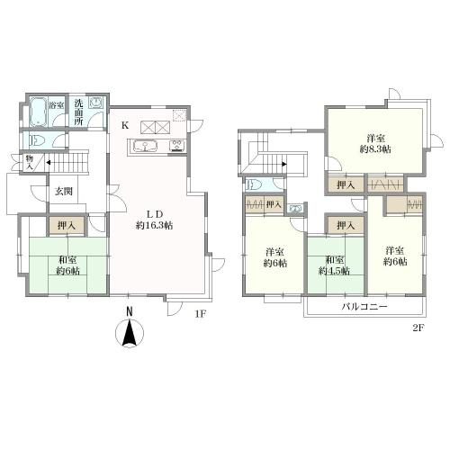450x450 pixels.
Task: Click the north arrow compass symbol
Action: click(130, 332)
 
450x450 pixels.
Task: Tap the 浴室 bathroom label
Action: click(57, 105)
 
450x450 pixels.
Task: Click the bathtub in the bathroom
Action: click(38, 112)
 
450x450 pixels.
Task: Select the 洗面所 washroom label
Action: click(78, 112)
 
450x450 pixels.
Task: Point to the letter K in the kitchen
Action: click(125, 125)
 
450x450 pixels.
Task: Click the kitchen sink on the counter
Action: click(146, 147)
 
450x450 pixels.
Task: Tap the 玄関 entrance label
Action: click(64, 191)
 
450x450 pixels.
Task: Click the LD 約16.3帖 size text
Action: click(154, 220)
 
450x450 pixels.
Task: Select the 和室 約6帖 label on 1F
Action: click(68, 265)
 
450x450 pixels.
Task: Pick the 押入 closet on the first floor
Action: click(67, 225)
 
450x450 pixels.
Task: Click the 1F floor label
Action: click(201, 314)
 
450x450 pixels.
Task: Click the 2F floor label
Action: click(418, 328)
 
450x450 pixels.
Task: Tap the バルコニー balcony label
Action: click(365, 307)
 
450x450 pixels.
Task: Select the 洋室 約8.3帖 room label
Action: click(375, 144)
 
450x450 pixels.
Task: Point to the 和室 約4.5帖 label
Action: click(334, 265)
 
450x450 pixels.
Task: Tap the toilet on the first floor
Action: click(37, 140)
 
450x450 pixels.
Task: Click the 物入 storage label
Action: click(29, 162)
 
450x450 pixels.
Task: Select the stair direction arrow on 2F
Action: click(283, 164)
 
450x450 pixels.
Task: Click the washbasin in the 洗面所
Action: click(96, 103)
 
